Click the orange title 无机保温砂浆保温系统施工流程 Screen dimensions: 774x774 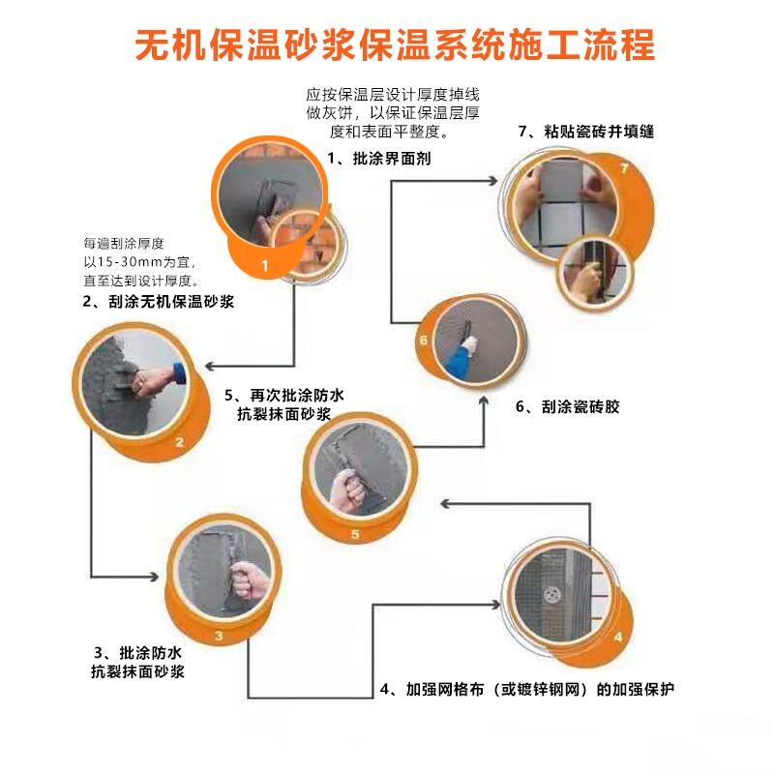coord(395,45)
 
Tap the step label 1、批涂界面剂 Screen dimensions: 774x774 coord(379,159)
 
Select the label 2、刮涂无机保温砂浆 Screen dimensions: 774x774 coord(159,302)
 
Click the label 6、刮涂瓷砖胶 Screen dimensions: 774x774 coord(568,406)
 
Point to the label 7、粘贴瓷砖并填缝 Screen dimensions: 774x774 coord(586,132)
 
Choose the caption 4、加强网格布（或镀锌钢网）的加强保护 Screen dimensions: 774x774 coord(527,689)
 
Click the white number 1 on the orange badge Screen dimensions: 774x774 coord(264,265)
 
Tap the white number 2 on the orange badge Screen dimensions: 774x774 coord(179,442)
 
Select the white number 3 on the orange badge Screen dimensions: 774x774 coord(219,636)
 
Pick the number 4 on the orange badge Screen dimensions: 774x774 coord(618,638)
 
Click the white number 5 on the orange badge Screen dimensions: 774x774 coord(355,534)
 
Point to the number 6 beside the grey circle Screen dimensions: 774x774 coord(424,341)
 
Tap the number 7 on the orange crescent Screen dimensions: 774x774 coord(624,168)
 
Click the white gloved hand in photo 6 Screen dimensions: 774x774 coord(469,344)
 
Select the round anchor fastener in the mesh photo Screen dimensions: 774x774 coord(551,595)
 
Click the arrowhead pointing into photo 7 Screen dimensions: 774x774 coord(493,181)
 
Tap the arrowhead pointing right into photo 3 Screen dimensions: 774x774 coord(154,576)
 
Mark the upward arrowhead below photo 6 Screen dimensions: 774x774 coord(484,401)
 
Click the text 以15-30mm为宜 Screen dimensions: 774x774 coord(139,262)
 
